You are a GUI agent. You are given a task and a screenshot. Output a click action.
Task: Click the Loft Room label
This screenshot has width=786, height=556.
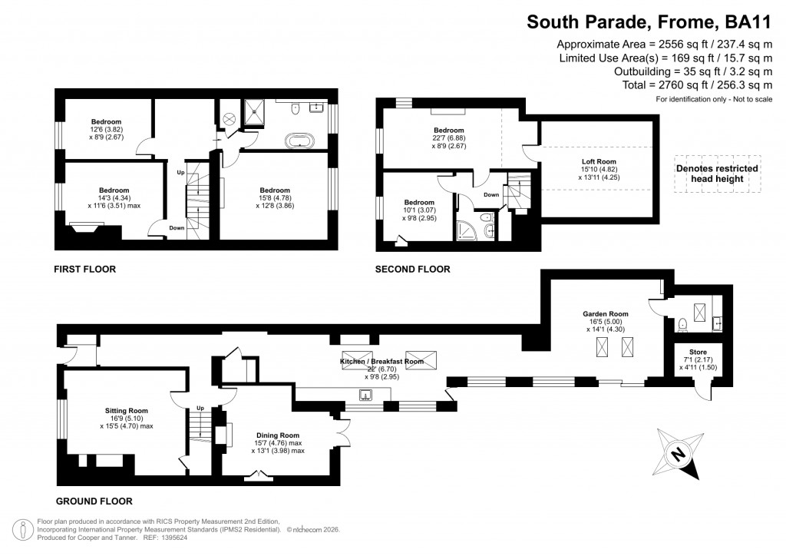tap(599, 162)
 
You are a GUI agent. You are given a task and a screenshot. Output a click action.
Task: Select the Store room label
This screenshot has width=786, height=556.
tap(697, 352)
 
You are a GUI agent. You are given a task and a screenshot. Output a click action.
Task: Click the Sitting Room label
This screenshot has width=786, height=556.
tap(126, 411)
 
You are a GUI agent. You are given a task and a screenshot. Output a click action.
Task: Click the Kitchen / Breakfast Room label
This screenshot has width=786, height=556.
tap(381, 361)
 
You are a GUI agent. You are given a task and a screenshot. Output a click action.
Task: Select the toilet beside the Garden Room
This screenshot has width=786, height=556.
tap(682, 323)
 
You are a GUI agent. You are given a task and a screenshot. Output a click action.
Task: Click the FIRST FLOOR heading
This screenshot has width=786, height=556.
tap(84, 270)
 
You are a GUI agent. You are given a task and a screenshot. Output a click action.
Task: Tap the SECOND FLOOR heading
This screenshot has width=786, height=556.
tap(412, 270)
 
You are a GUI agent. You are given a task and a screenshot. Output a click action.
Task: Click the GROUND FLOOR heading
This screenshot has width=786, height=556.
tap(93, 501)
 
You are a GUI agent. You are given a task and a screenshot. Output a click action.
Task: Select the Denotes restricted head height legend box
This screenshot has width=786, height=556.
tap(717, 174)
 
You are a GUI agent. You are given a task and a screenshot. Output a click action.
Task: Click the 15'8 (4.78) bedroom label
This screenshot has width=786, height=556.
tap(274, 190)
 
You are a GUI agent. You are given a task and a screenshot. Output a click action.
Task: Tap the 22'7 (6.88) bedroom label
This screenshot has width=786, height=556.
tap(448, 131)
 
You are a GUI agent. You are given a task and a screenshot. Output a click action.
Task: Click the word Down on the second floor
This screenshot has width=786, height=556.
tap(492, 195)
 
